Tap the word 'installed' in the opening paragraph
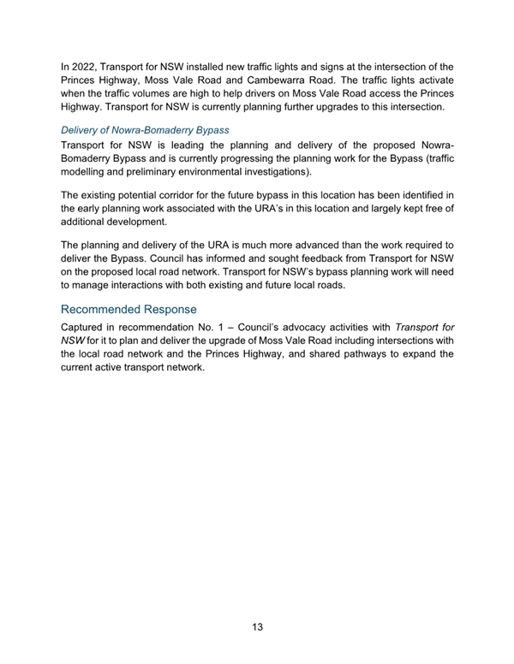(x=224, y=66)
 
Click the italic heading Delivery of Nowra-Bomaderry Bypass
(x=145, y=130)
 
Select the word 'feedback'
(x=318, y=258)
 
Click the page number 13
(x=257, y=627)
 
